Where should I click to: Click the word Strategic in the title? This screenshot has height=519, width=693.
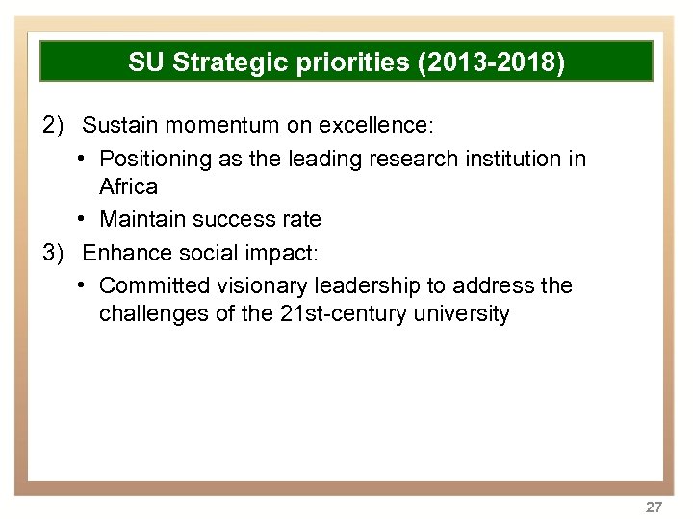pyautogui.click(x=222, y=63)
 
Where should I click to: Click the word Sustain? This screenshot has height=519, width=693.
pyautogui.click(x=117, y=126)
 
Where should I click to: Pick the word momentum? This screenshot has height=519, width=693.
pyautogui.click(x=216, y=126)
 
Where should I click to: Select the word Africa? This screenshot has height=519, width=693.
pyautogui.click(x=128, y=186)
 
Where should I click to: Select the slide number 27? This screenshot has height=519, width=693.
pyautogui.click(x=654, y=507)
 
